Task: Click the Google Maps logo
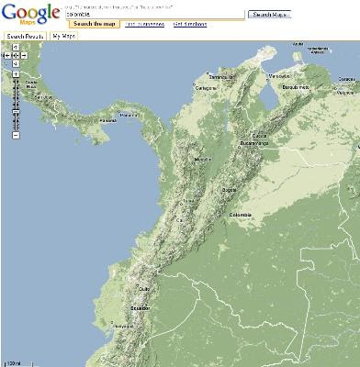pos(30,15)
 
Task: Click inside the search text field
pos(154,15)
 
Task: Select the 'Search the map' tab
pos(92,24)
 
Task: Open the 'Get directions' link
pos(190,24)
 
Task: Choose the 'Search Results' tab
pos(25,36)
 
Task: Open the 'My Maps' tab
pos(64,36)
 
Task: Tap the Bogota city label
pos(229,190)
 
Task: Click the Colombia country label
pos(240,216)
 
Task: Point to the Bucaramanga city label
pos(256,144)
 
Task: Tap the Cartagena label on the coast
pos(205,88)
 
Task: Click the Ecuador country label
pos(140,308)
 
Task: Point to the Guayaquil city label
pos(121,326)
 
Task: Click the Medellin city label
pos(203,159)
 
